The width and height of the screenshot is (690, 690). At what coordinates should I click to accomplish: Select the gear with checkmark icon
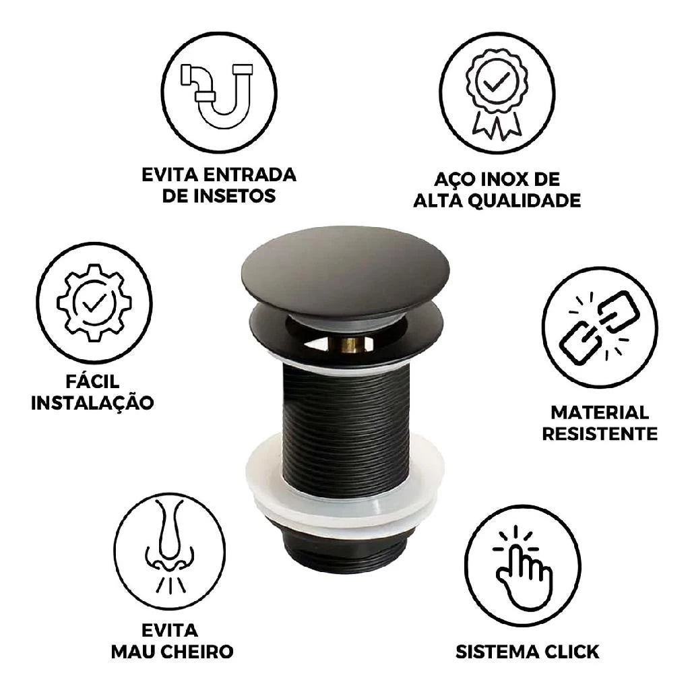pos(94,303)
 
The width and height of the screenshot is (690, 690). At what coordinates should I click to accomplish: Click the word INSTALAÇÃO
pos(92,402)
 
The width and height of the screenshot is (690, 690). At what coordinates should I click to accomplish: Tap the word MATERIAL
pos(600,413)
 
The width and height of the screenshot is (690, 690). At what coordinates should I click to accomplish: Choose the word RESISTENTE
pos(600,433)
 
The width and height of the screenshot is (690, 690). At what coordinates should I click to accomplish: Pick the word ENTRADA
pos(249,175)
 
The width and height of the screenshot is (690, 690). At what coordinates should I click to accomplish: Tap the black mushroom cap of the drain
pos(346,273)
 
